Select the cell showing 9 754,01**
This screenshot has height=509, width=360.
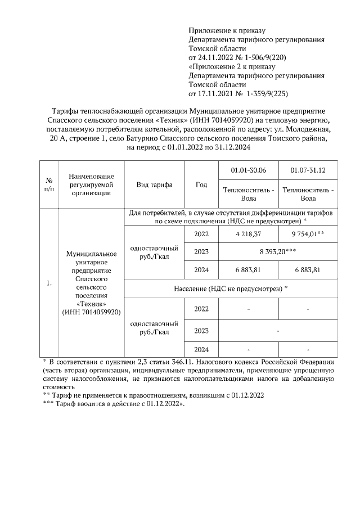tap(308, 233)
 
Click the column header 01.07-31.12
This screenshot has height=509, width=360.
tap(308, 170)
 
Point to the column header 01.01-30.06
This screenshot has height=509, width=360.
tap(249, 170)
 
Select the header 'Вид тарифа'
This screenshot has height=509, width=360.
tap(154, 184)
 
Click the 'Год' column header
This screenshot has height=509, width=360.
tap(201, 184)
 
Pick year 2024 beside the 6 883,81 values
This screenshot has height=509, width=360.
tap(201, 270)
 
